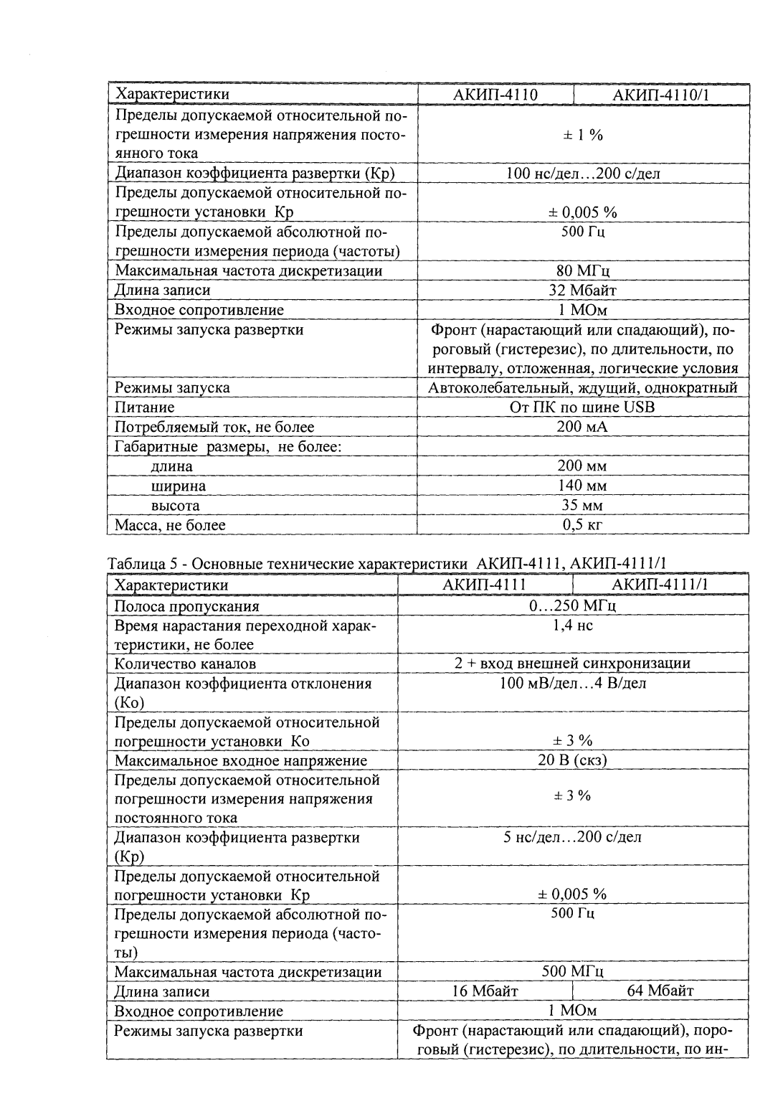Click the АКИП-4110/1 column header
click(x=661, y=95)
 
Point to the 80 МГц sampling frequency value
click(x=582, y=271)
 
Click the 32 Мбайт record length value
click(x=582, y=291)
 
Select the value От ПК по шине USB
click(x=582, y=407)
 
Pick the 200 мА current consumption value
click(x=582, y=427)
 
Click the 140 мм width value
click(x=582, y=486)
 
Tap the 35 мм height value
click(x=582, y=505)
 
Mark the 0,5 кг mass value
click(x=582, y=525)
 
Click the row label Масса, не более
click(x=171, y=525)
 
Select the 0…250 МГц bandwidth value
click(x=572, y=606)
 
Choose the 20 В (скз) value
click(x=572, y=760)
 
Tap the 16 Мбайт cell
click(x=485, y=991)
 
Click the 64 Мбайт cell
click(x=660, y=991)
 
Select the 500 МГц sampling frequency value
click(x=572, y=972)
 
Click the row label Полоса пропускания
click(x=187, y=606)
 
